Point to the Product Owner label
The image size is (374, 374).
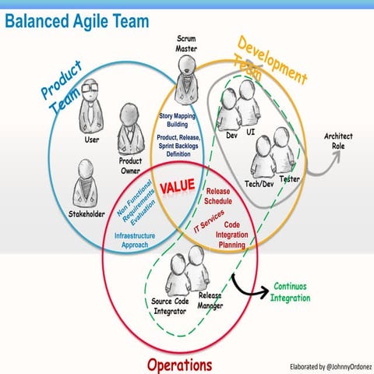click(129, 165)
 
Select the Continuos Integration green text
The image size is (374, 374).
click(291, 291)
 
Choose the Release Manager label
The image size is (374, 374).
click(211, 302)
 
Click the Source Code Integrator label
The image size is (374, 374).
click(168, 306)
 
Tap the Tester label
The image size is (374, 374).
click(290, 179)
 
